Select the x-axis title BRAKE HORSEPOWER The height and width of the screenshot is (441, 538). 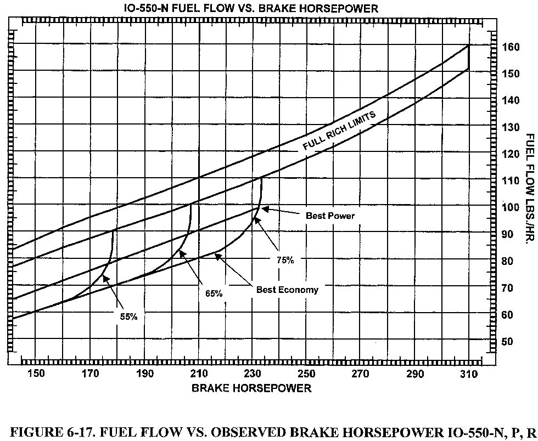pos(251,388)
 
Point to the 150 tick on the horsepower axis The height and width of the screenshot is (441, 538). pos(36,374)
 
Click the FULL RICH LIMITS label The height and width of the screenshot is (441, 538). pos(339,130)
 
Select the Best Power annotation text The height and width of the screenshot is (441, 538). pos(330,216)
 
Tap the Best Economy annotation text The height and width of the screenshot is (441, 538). pos(287,290)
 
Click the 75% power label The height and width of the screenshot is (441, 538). pos(285,261)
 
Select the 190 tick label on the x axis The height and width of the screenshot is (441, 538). pos(144,374)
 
